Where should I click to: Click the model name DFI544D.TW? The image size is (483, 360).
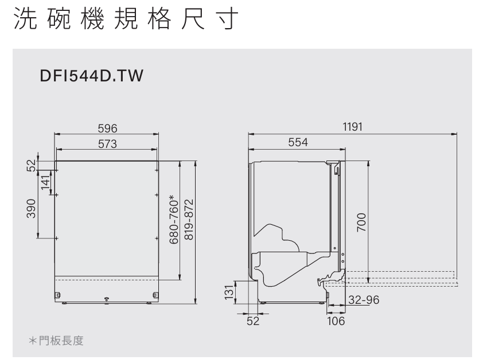click(x=91, y=76)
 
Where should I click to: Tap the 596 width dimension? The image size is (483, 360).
click(x=107, y=128)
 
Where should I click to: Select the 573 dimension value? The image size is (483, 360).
click(x=107, y=144)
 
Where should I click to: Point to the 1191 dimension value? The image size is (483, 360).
click(x=352, y=127)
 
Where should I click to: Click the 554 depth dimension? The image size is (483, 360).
click(x=298, y=142)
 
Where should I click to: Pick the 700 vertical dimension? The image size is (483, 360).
click(x=361, y=222)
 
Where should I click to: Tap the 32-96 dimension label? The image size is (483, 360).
click(x=364, y=300)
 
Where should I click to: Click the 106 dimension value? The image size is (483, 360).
click(x=336, y=321)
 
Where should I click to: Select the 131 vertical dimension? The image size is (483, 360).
click(x=229, y=292)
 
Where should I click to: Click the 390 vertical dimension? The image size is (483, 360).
click(x=31, y=209)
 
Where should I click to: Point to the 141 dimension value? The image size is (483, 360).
click(x=45, y=182)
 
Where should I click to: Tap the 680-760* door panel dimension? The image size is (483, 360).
click(x=174, y=219)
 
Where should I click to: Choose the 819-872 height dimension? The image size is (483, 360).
click(x=189, y=219)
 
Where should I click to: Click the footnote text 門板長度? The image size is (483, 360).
click(x=61, y=341)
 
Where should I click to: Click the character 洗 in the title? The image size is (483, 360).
click(x=25, y=18)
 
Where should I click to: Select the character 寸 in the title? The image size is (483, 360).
click(x=227, y=18)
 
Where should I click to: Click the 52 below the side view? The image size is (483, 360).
click(x=253, y=321)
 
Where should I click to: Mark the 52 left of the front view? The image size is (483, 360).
click(x=31, y=166)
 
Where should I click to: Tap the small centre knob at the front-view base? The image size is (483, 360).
click(x=107, y=299)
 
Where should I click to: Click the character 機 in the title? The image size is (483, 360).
click(x=92, y=18)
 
